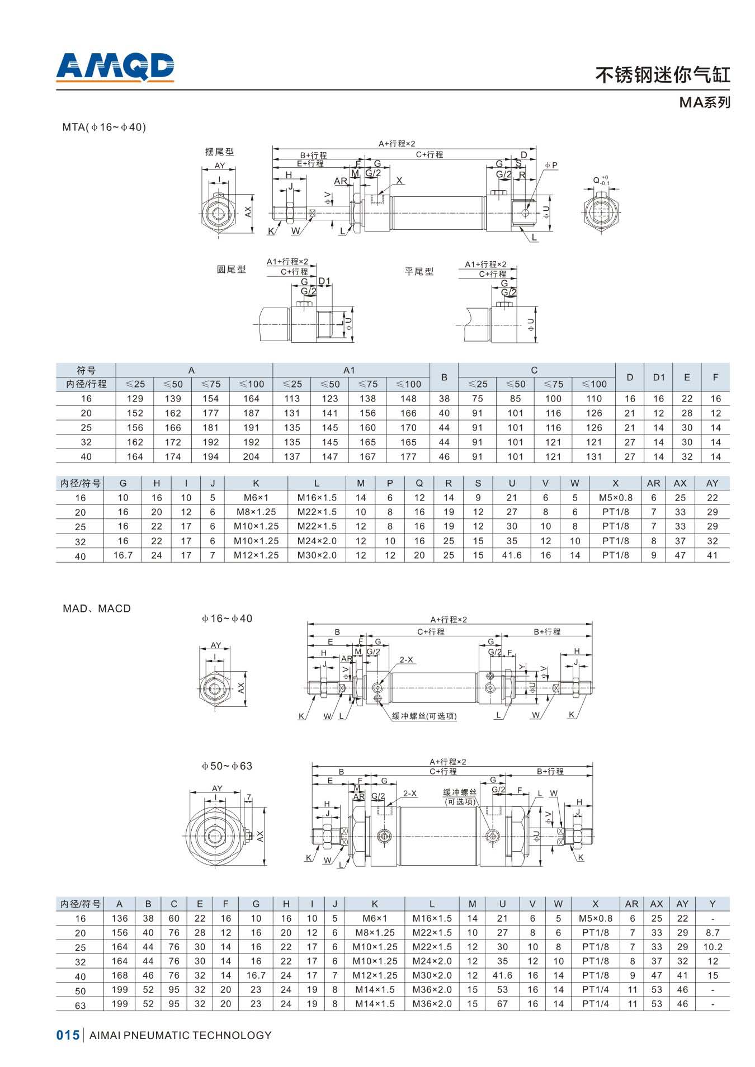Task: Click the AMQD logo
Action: click(x=115, y=67)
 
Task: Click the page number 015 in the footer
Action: click(x=68, y=1035)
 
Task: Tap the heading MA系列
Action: click(x=705, y=102)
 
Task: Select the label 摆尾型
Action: click(x=219, y=152)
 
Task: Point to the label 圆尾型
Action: click(x=231, y=269)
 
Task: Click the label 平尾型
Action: click(x=419, y=271)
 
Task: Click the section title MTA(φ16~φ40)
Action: click(x=104, y=127)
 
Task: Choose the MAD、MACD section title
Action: click(x=97, y=608)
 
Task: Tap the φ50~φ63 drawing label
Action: click(x=227, y=766)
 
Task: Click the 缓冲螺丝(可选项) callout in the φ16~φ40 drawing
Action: click(x=424, y=716)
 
